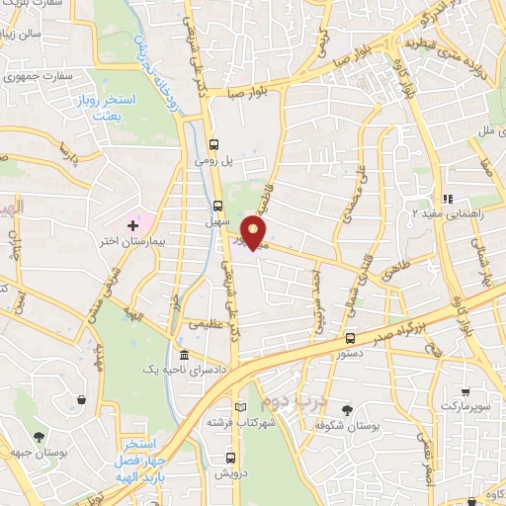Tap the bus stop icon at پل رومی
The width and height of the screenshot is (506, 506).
click(x=215, y=142)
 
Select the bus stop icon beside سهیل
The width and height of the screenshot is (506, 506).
click(x=218, y=206)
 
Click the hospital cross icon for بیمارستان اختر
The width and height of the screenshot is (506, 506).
click(x=132, y=226)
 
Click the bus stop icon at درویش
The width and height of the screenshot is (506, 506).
click(x=230, y=458)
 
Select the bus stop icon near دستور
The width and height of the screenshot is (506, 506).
click(x=351, y=337)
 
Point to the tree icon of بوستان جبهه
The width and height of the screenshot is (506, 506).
click(x=39, y=436)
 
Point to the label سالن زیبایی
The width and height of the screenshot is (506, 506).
click(x=23, y=33)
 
